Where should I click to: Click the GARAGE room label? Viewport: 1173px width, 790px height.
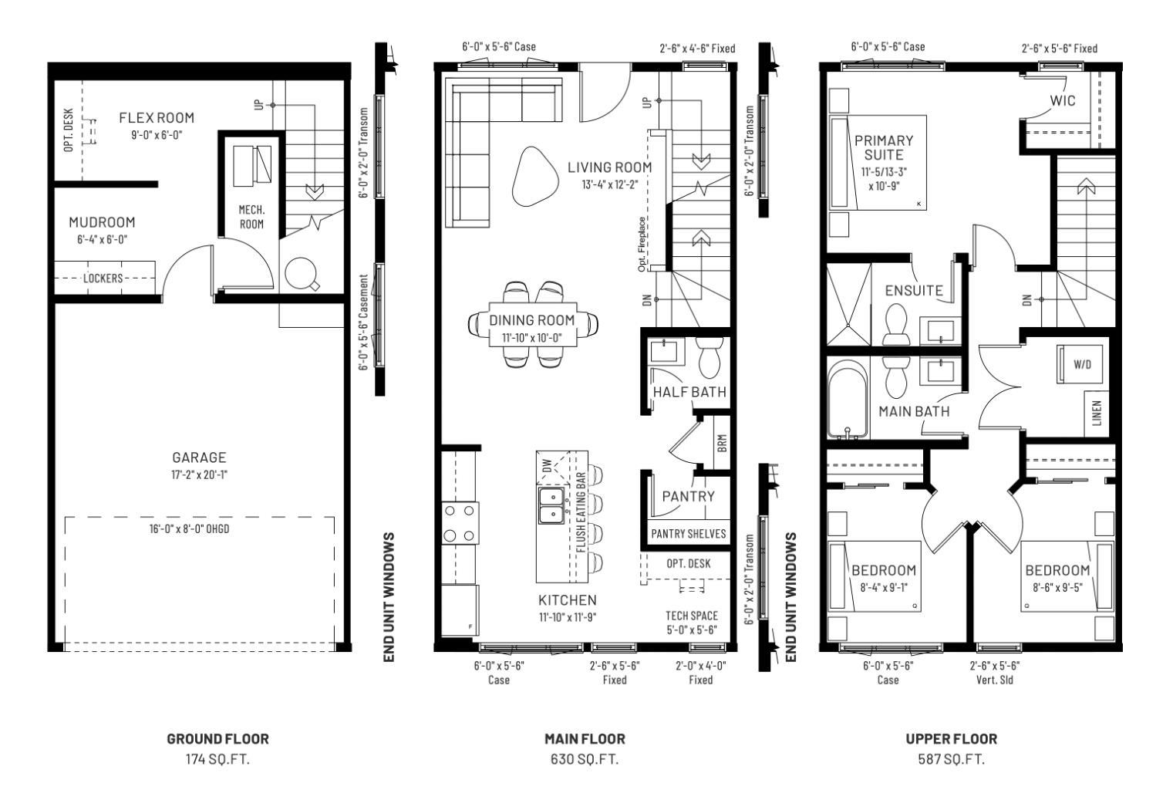point(199,457)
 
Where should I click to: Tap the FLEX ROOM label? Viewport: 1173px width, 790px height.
point(157,118)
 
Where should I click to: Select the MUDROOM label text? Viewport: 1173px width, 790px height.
point(102,222)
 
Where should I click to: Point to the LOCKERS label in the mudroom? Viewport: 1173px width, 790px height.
point(103,278)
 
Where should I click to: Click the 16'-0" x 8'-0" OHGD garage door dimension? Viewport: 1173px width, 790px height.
point(189,528)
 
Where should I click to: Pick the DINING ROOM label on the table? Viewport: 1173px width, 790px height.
point(532,320)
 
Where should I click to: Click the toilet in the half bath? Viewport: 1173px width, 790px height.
point(708,359)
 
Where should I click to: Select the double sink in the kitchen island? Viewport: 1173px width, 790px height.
point(551,505)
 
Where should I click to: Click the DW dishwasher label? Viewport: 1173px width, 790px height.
point(547,466)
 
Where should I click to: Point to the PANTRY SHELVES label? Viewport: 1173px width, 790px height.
point(688,534)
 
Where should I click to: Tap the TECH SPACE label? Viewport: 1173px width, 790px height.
point(691,616)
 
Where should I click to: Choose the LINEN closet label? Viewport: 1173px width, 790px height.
point(1097,413)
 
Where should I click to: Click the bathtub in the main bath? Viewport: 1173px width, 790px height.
point(847,403)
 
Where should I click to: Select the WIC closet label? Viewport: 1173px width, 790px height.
point(1062,101)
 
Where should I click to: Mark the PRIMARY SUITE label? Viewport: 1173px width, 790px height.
point(883,147)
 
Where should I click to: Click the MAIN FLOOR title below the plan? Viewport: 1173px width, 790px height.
point(585,739)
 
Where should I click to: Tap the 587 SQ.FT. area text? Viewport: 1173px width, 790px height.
point(951,759)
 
